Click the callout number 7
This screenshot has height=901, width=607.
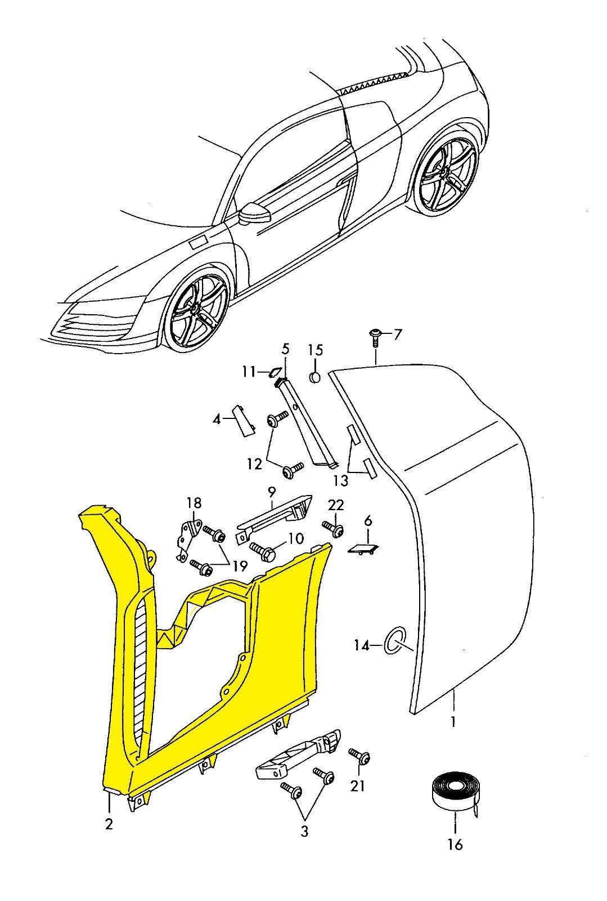398,335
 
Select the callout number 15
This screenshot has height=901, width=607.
315,350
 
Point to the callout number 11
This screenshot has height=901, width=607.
249,372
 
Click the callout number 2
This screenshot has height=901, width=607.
109,824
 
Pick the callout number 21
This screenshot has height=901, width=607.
357,785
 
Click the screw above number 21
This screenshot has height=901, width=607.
358,756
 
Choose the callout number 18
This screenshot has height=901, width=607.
194,503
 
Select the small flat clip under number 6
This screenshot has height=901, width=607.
364,548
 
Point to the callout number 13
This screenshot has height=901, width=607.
341,480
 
